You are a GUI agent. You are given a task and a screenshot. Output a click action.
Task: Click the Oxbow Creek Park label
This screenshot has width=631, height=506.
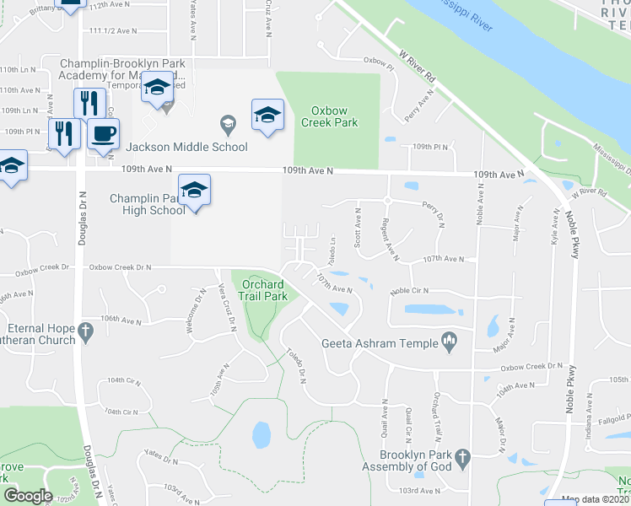335,116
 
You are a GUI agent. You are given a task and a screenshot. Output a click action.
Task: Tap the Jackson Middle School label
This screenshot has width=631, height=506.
187,147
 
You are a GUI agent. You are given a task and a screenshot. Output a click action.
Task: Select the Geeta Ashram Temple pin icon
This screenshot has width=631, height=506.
450,342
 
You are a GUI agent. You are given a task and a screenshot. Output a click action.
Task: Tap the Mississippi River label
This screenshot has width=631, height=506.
460,14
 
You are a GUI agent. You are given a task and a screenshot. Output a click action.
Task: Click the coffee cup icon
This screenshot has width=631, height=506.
104,134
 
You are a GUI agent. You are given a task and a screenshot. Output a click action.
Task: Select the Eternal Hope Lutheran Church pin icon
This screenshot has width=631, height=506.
85,334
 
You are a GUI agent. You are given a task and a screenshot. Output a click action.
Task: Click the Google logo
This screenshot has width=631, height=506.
28,495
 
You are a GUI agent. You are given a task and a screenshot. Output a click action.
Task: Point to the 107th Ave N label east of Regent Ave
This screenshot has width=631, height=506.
443,259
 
